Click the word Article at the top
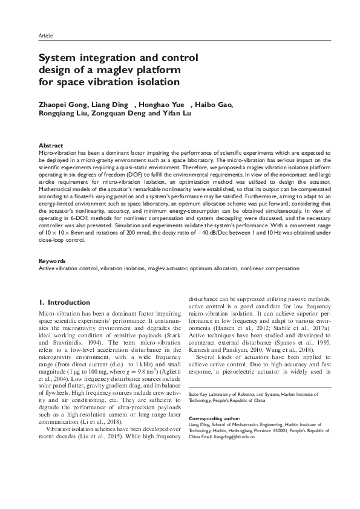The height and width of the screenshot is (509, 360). coord(45,36)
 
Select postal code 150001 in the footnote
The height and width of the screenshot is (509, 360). coord(290,430)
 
